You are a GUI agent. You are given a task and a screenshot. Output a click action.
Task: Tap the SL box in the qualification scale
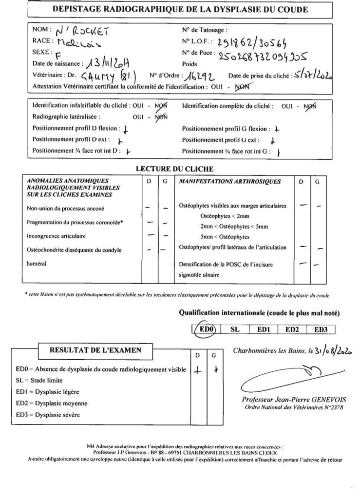235,329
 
